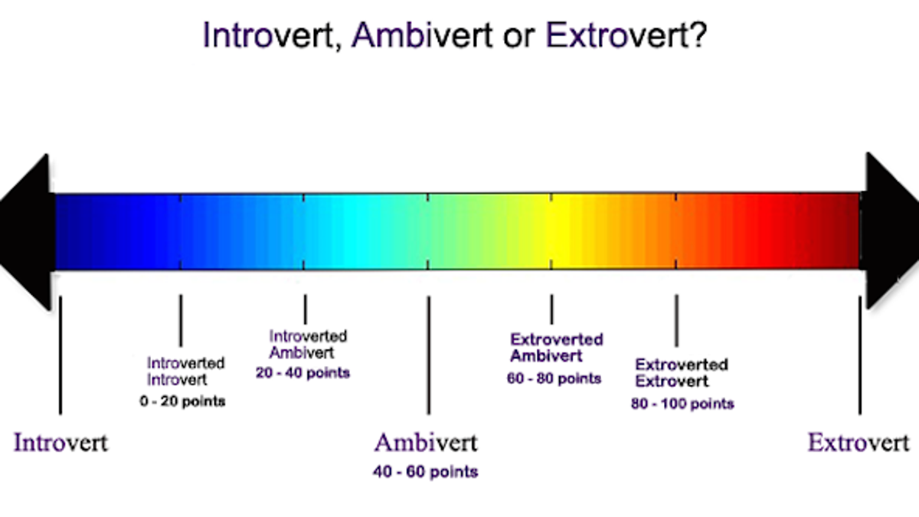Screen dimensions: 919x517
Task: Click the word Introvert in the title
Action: tap(268, 35)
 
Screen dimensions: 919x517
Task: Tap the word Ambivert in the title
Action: tap(422, 35)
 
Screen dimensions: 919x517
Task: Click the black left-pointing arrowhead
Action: tap(27, 232)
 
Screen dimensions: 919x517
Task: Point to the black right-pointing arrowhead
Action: tap(889, 231)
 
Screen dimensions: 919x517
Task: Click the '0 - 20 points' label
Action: tap(182, 401)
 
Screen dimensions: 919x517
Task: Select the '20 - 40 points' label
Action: tap(303, 372)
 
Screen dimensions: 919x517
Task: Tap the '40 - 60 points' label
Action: tap(426, 472)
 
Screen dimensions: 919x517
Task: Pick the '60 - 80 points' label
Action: tap(554, 378)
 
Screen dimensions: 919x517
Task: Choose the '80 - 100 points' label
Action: tap(682, 404)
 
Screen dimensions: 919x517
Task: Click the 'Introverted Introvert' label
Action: tap(186, 371)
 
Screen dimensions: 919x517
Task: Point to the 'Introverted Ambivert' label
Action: tap(308, 344)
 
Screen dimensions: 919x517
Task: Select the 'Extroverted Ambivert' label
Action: tap(556, 348)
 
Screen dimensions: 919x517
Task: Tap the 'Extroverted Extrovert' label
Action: tap(682, 372)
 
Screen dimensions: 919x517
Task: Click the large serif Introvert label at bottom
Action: tap(61, 443)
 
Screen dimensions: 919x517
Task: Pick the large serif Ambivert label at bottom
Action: tap(426, 443)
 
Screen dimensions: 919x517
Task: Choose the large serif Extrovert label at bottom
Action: tap(858, 443)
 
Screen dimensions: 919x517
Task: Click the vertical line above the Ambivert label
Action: tap(429, 355)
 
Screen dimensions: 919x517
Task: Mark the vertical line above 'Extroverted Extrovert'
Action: tap(676, 321)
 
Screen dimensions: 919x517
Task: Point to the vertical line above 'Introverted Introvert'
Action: tap(181, 321)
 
